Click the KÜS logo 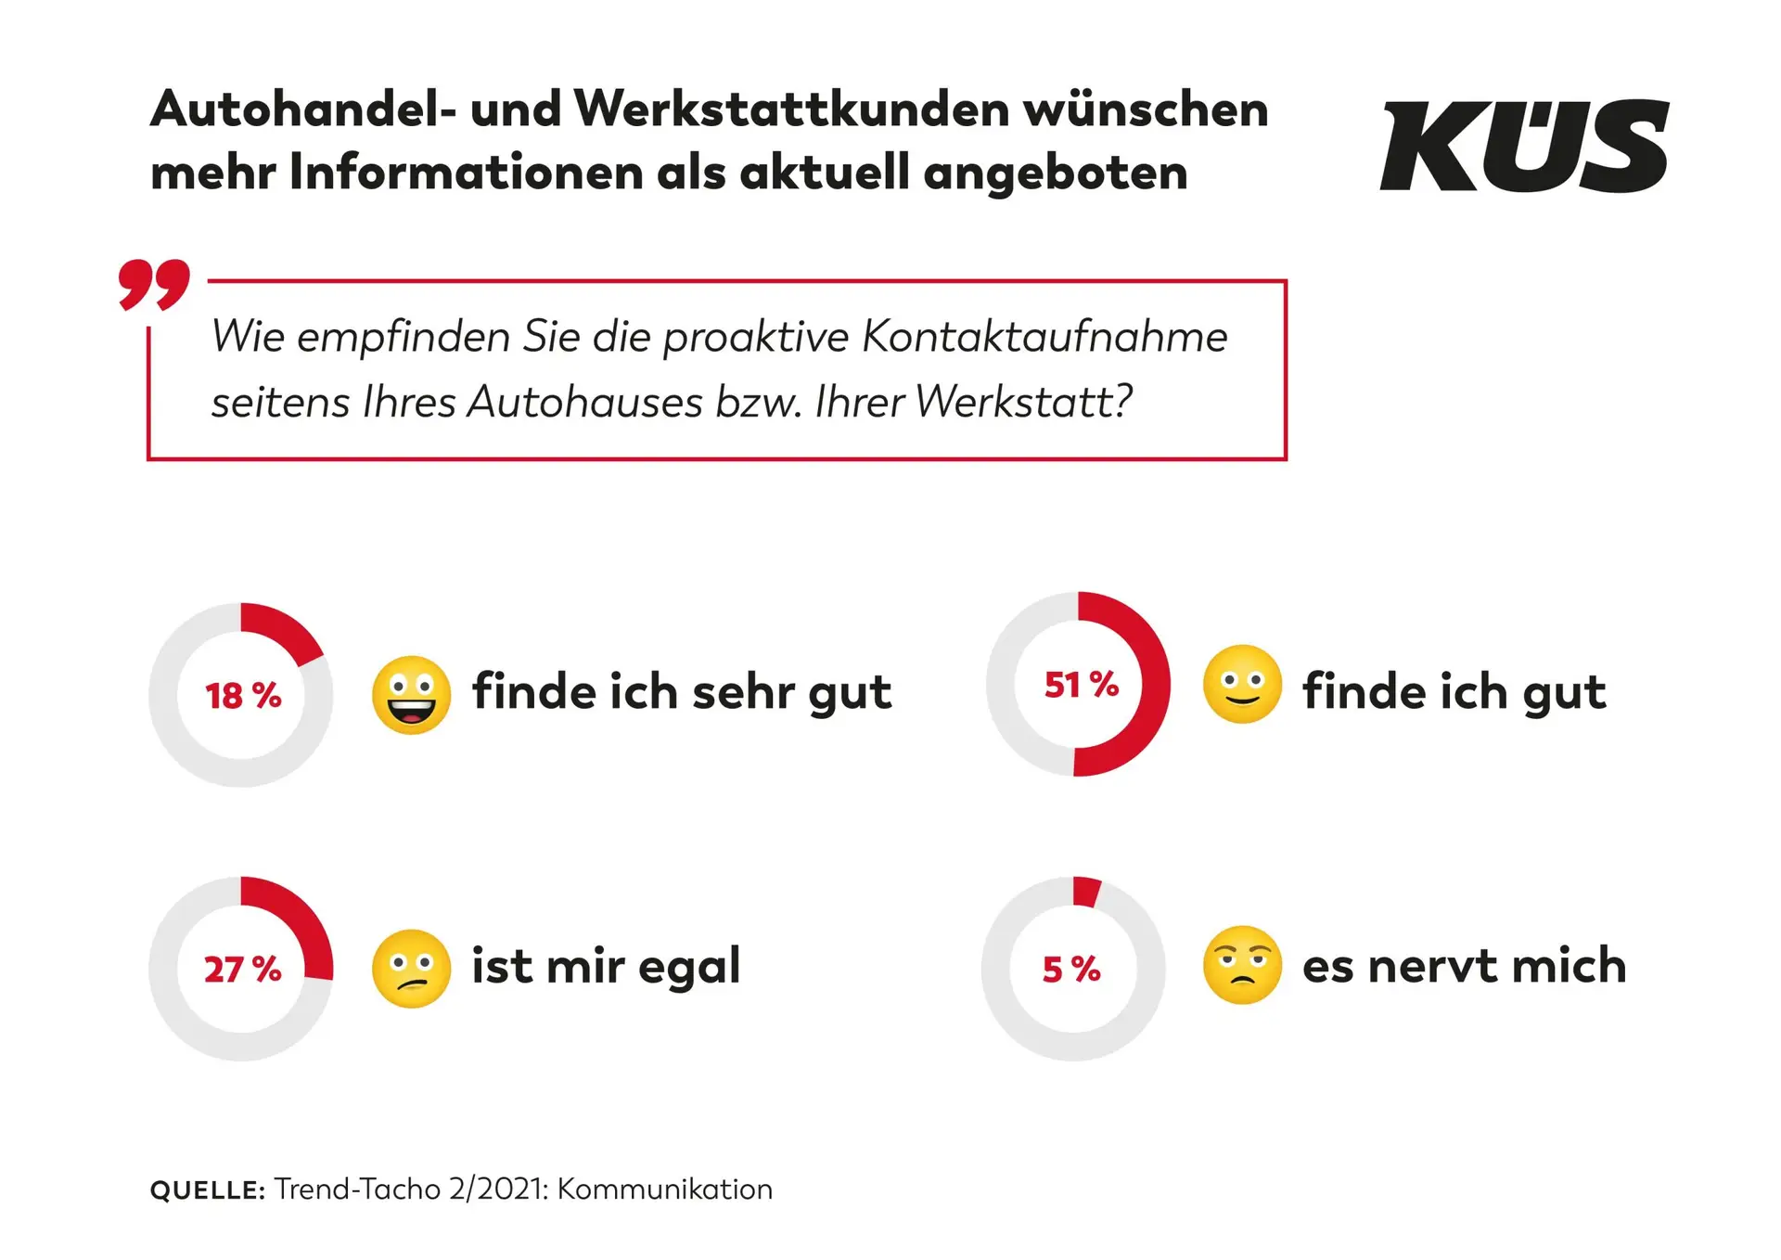coord(1524,147)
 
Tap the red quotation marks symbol coord(154,284)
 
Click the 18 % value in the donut coord(243,696)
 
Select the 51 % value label coord(1082,685)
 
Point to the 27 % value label coord(243,970)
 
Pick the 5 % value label coord(1071,970)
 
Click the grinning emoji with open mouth coord(411,695)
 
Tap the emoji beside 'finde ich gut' coord(1242,685)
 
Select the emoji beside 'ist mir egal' coord(411,969)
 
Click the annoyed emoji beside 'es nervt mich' coord(1242,965)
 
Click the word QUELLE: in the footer coord(208,1190)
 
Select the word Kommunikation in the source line coord(664,1189)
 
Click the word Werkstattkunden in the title coord(791,109)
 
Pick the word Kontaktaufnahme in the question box coord(1044,337)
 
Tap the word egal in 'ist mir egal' coord(689,968)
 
